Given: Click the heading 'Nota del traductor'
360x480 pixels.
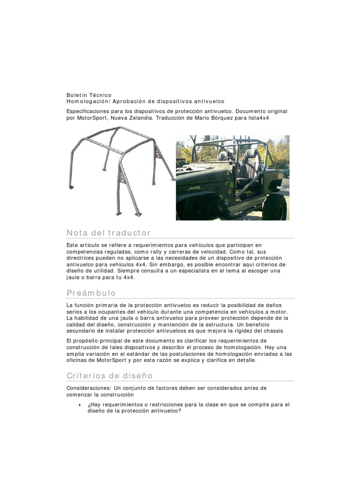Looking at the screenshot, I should click(108, 233).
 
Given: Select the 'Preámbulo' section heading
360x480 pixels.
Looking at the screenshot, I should click(91, 293).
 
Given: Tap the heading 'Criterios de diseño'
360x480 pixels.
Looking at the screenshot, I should click(109, 376).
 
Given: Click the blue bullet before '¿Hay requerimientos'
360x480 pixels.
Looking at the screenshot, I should click(80, 404).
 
